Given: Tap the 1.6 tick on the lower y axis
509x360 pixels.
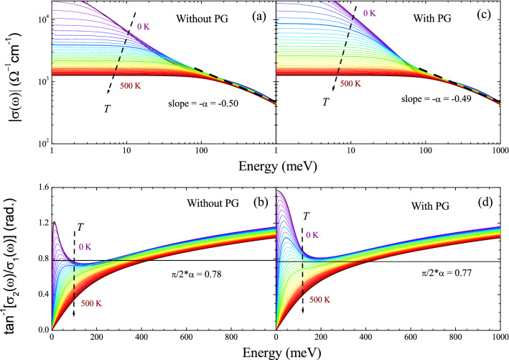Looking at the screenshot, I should (38, 188).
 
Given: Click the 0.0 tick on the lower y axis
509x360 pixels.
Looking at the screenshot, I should (38, 329).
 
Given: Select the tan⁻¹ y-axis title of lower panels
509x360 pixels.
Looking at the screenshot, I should (10, 259).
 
